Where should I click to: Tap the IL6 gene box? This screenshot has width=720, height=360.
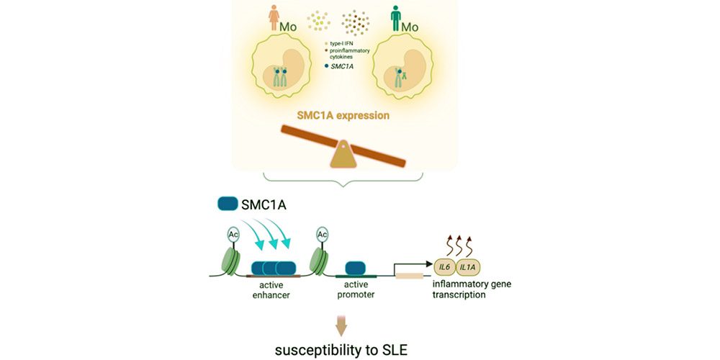tap(444, 269)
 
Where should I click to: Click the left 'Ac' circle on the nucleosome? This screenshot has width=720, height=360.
tap(234, 234)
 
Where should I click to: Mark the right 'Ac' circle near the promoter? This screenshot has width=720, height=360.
tap(321, 234)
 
